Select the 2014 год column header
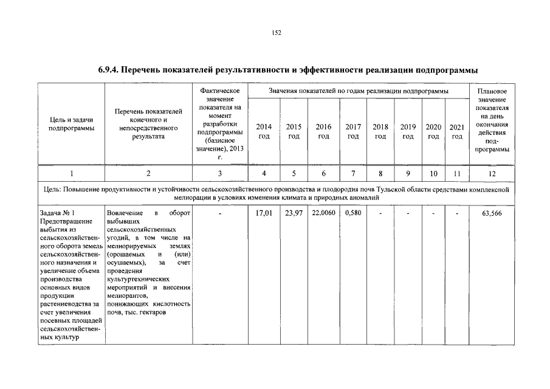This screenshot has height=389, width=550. point(264,131)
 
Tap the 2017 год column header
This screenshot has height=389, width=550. point(353,131)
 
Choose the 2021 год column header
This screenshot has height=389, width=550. point(457,131)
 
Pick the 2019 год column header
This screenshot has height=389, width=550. point(408,131)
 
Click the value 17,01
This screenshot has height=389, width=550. point(264,213)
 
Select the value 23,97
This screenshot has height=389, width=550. point(294,213)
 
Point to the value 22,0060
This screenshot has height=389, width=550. point(323,213)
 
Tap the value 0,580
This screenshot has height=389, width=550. point(353,213)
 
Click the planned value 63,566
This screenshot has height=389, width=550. point(492,213)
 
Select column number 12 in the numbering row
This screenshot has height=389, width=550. point(492,173)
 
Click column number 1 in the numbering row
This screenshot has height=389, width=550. point(71,173)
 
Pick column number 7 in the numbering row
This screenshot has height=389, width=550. point(353,173)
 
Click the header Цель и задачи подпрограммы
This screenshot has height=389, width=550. point(71,124)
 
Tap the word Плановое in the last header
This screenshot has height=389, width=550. point(492,91)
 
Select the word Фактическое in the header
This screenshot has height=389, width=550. point(220,91)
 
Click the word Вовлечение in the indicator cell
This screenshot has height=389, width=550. point(124,213)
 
